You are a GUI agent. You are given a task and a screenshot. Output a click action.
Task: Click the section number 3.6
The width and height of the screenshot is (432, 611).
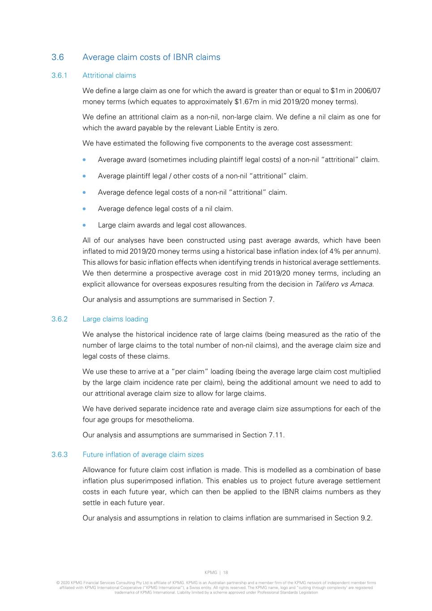click(x=58, y=57)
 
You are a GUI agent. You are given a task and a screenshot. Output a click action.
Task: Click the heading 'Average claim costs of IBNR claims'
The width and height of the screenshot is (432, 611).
click(x=151, y=57)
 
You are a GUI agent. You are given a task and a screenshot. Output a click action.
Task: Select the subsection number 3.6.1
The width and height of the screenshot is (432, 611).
click(x=59, y=76)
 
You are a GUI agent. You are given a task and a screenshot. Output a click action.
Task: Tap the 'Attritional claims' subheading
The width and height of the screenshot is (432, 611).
click(x=109, y=76)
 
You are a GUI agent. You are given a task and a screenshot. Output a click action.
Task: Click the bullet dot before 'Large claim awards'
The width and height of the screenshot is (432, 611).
click(x=84, y=225)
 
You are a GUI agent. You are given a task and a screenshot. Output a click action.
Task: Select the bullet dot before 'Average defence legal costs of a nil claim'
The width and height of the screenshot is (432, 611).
click(x=84, y=209)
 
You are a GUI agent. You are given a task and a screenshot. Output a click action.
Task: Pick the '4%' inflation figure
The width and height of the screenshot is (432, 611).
click(x=334, y=252)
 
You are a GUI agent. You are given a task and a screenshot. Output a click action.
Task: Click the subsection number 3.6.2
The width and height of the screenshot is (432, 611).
click(x=60, y=319)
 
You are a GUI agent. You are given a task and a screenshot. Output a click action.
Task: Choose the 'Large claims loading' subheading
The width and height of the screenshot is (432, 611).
click(x=115, y=319)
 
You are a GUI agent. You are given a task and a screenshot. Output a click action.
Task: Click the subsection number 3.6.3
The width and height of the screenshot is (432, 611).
click(x=60, y=455)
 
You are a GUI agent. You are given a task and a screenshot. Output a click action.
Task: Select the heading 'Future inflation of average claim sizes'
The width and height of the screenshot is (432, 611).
click(x=143, y=455)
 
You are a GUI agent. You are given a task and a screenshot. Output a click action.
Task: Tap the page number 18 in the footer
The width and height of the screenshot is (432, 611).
click(x=226, y=573)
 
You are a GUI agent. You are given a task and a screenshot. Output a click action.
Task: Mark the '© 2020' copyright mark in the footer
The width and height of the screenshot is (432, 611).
click(x=63, y=583)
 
